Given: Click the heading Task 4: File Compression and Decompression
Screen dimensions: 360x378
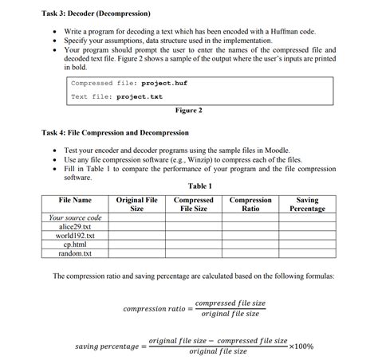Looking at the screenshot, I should point(116,132).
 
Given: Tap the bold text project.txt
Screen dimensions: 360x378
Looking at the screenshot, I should point(140,97).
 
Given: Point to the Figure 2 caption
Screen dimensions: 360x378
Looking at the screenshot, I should point(188,110).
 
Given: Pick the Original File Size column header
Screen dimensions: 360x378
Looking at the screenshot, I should point(136,204).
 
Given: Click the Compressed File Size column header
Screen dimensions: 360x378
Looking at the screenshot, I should point(193,204).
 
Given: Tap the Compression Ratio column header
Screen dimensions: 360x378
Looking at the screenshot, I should point(250,204).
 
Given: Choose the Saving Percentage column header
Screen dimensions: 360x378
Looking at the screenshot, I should point(307,204).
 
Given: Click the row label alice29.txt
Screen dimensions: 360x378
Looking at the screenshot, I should point(76,227).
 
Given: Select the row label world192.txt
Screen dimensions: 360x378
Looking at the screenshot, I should point(76,236).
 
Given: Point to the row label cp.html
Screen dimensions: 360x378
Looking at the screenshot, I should point(76,245).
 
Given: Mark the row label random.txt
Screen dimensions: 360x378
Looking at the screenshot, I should point(76,253).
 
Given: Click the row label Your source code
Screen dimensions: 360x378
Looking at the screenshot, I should point(76,217).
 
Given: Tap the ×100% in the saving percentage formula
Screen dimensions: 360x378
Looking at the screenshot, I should point(301,346).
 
